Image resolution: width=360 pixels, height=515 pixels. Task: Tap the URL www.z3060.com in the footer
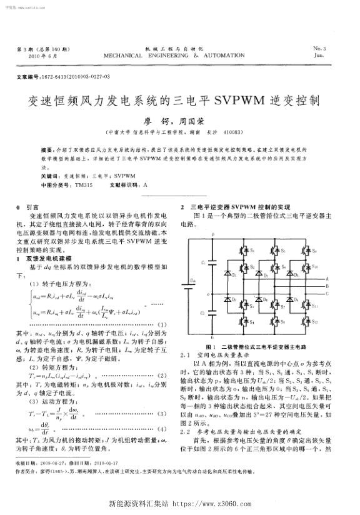(216, 503)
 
